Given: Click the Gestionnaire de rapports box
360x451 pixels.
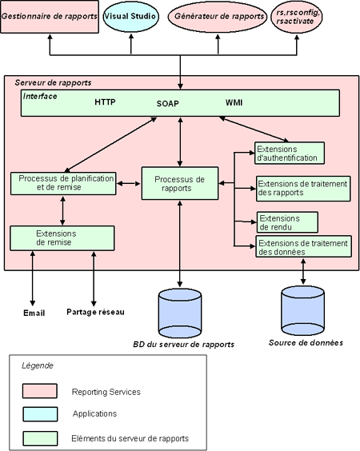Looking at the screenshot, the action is pos(50,17).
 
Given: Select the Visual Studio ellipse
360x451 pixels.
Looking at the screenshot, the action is pos(131,17).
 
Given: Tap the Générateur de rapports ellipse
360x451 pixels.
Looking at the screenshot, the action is pos(218,17).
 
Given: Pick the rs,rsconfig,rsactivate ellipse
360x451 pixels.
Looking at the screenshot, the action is pos(297,17).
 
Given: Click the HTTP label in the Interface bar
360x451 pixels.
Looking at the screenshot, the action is pos(105,102).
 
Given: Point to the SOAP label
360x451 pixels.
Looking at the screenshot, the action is pos(168,103).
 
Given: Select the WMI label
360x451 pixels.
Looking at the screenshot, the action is pos(234,102).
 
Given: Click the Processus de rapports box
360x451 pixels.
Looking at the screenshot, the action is pos(180,183).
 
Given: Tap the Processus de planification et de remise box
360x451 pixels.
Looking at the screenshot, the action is pos(63,183).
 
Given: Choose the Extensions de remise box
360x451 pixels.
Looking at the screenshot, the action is pos(62,238).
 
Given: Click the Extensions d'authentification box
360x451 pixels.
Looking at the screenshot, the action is pos(290,153).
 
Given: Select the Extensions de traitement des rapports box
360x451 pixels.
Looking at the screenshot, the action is pos(303,189).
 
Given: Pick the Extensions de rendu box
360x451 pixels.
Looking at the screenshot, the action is pos(287,222).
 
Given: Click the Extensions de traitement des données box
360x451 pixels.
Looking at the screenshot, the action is pos(303,246).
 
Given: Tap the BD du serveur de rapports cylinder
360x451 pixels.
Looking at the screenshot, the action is pos(180,313).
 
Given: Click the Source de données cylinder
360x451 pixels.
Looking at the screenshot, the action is pos(302,311).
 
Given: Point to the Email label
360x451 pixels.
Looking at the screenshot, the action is pos(34,313).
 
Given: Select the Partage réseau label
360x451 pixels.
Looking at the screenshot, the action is pos(95,312).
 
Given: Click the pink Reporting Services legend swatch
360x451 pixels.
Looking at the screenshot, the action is pos(40,391).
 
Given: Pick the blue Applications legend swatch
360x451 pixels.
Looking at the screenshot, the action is pos(40,414).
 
